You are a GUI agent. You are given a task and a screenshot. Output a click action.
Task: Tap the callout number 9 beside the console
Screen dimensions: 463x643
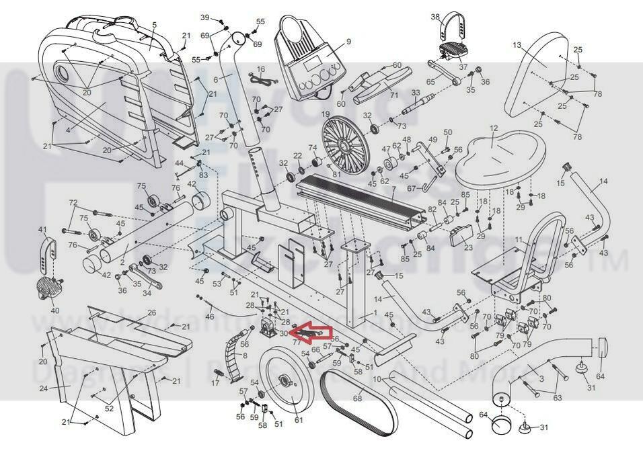coord(348,42)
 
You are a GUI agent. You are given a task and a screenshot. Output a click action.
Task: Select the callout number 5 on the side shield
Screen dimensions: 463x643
coord(154,25)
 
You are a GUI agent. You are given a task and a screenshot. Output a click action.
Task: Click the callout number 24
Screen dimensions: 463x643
coord(44,388)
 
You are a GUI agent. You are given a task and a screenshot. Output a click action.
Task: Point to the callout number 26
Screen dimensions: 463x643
coord(152,312)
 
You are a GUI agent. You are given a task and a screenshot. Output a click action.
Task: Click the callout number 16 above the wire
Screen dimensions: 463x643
coord(261,69)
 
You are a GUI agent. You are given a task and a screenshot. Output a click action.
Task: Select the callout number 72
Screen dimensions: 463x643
coord(73,202)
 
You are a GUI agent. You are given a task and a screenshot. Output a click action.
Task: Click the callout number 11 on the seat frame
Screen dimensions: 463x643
coord(518,240)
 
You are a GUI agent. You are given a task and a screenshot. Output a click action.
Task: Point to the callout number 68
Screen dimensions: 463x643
coord(358,398)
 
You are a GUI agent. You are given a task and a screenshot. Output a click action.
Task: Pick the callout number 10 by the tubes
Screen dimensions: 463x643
coord(377,380)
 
